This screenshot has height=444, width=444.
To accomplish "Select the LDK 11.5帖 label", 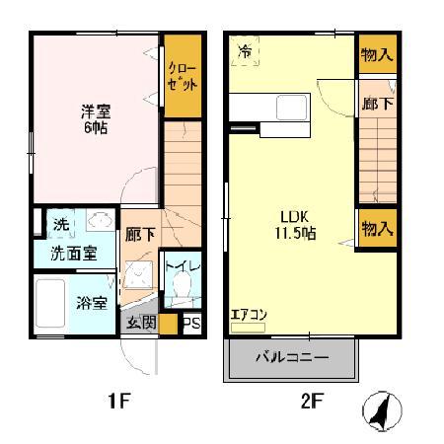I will tap(292, 226).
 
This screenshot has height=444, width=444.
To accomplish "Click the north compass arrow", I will tap(379, 410).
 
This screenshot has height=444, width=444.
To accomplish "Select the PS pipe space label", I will tap(191, 324).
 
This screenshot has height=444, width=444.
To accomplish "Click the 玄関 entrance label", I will tap(140, 323).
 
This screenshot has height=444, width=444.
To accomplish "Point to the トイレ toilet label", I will tap(181, 264).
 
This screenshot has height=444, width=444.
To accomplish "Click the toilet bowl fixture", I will tap(181, 288).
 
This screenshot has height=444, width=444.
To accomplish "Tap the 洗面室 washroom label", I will tap(73, 254).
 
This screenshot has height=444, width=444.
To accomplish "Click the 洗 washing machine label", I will tap(60, 225).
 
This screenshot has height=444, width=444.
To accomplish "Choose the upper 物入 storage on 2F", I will tap(376, 54).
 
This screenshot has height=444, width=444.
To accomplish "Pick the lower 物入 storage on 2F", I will tap(376, 229).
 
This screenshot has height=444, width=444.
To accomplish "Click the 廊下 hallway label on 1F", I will tap(139, 235).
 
